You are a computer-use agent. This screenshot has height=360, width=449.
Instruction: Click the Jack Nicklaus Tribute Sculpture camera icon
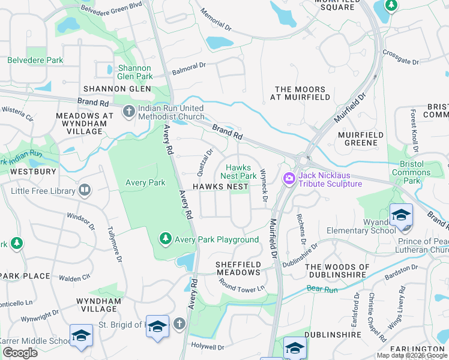click(x=289, y=178)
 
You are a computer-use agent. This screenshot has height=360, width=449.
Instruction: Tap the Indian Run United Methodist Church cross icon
click(x=128, y=112)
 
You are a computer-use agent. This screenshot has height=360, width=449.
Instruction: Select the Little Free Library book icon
click(x=85, y=191)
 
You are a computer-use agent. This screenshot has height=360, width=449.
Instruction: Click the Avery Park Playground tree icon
click(x=165, y=239)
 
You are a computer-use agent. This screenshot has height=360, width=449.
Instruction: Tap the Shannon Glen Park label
click(x=135, y=72)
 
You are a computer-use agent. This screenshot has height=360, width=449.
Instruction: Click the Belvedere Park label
click(x=35, y=61)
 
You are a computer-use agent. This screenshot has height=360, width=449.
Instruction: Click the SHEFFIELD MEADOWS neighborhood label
click(x=238, y=268)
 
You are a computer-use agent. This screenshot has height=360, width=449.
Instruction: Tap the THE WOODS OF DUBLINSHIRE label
click(x=346, y=271)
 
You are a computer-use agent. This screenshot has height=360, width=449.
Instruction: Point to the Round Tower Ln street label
click(x=243, y=288)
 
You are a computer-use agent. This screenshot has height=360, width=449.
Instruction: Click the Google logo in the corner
click(x=20, y=352)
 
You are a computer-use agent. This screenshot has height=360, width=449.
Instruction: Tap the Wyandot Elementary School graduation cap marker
click(x=400, y=215)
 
